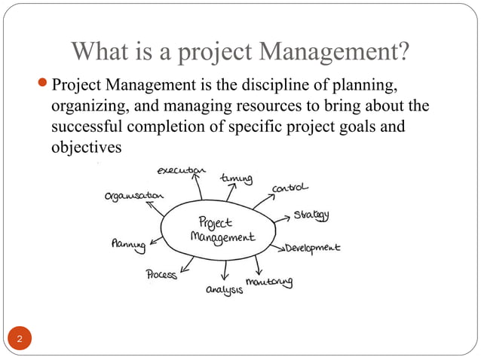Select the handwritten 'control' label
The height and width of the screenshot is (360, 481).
coord(290,187)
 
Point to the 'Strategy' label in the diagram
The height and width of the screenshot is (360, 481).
coord(311,215)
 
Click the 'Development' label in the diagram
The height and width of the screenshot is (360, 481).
coord(312,247)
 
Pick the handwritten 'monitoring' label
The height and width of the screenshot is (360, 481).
coord(269,282)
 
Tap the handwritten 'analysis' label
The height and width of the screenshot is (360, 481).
coord(225,289)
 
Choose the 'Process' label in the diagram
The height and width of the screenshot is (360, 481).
coord(162,275)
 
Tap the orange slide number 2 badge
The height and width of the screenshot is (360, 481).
coord(20,337)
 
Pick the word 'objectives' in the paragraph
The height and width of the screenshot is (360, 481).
coord(84,147)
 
